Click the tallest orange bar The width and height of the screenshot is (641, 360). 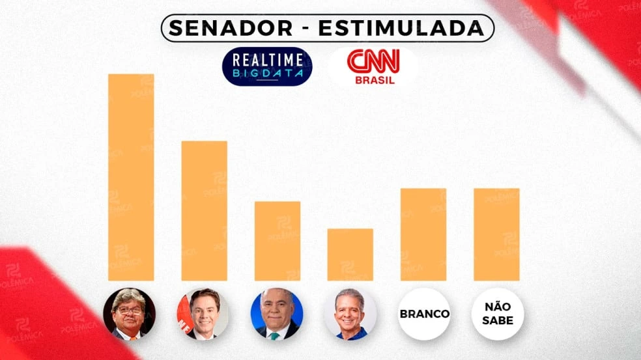[131, 177]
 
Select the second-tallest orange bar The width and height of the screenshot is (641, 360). [204, 210]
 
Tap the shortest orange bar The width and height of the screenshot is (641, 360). [350, 254]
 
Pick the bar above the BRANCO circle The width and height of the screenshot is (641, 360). [423, 234]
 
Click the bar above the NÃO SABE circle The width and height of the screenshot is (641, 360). [496, 234]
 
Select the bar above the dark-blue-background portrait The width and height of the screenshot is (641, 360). [277, 241]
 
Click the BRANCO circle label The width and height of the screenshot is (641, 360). [424, 314]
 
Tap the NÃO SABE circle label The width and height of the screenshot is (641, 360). [497, 314]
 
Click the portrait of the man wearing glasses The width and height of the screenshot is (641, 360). [130, 314]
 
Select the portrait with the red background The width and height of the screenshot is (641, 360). [203, 314]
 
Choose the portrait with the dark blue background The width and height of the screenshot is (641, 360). [277, 314]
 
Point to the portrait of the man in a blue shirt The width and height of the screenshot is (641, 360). [350, 314]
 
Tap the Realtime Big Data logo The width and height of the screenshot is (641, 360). [267, 66]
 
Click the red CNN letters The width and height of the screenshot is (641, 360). [374, 62]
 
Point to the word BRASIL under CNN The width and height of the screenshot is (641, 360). [374, 81]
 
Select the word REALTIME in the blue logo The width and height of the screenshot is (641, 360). [267, 61]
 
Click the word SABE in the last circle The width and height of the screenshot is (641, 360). [497, 320]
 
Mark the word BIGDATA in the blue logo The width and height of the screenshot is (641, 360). [267, 75]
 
